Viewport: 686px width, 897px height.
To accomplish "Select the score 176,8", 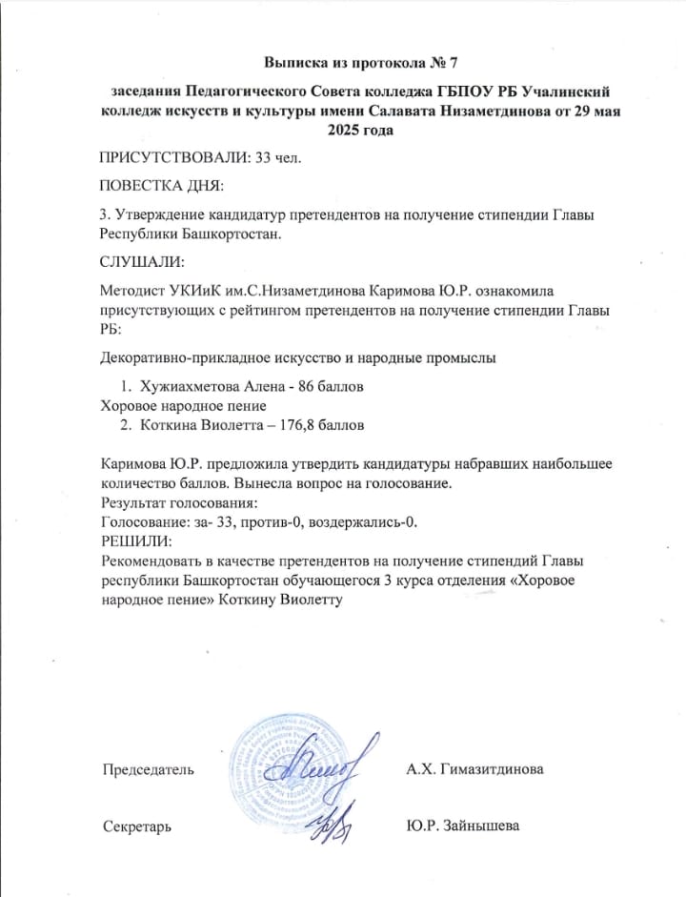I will [x=299, y=424].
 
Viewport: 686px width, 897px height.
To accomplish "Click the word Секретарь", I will [x=137, y=826].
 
